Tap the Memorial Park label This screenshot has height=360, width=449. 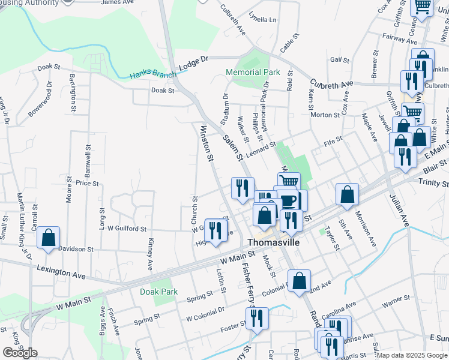click(x=253, y=73)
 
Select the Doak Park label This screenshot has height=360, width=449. click(x=158, y=292)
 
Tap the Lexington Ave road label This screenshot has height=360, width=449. click(x=61, y=272)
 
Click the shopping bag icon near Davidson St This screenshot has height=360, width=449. click(x=49, y=238)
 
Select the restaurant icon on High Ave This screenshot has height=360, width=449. click(x=216, y=230)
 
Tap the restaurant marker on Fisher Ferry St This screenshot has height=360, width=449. click(x=256, y=318)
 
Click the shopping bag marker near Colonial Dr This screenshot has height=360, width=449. click(x=300, y=280)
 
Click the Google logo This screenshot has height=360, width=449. click(x=20, y=352)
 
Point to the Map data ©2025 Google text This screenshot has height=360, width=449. click(x=411, y=355)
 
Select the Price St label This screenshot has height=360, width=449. click(x=87, y=182)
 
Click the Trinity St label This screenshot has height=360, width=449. click(x=435, y=182)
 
